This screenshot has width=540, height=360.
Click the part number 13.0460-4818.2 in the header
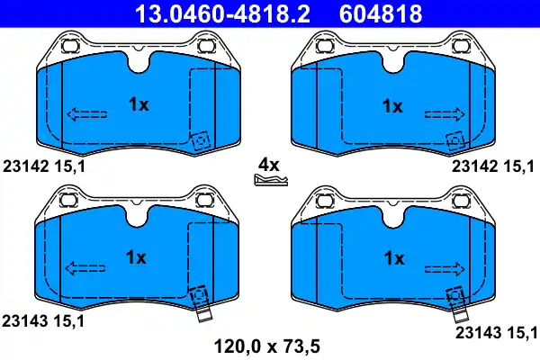(222, 13)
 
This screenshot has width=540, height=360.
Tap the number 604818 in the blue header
(381, 13)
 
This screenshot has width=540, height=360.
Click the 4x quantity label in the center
(269, 166)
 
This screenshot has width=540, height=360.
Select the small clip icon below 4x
(271, 180)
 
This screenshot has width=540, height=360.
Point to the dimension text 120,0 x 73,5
(267, 346)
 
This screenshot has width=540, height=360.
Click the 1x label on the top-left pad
(139, 104)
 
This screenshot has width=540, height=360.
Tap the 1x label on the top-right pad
(392, 106)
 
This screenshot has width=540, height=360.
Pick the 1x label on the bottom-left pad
(136, 257)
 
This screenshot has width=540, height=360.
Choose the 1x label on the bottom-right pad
(394, 258)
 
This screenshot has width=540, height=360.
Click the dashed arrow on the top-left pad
(86, 114)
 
